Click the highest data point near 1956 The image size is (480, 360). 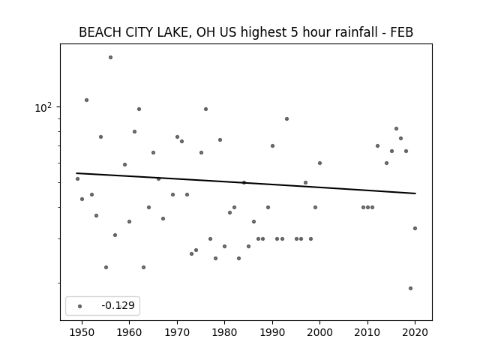pyautogui.click(x=110, y=58)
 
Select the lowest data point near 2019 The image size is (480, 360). pyautogui.click(x=410, y=288)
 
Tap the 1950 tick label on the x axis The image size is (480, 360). pyautogui.click(x=82, y=332)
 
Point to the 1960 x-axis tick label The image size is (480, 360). pyautogui.click(x=129, y=332)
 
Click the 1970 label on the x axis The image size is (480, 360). pyautogui.click(x=177, y=332)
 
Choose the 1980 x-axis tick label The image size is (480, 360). pyautogui.click(x=224, y=332)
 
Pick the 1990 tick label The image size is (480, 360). pyautogui.click(x=272, y=332)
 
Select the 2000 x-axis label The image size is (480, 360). pyautogui.click(x=319, y=332)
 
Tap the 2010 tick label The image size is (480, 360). pyautogui.click(x=367, y=332)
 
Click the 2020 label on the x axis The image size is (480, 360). pyautogui.click(x=415, y=332)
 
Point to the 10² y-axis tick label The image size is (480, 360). pyautogui.click(x=43, y=107)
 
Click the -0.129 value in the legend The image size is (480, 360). pyautogui.click(x=118, y=305)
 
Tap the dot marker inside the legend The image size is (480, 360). pyautogui.click(x=79, y=306)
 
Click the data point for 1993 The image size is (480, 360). pyautogui.click(x=286, y=118)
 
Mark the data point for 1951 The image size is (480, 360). pyautogui.click(x=87, y=100)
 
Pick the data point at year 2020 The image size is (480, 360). pyautogui.click(x=415, y=228)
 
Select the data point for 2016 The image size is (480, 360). pyautogui.click(x=396, y=128)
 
